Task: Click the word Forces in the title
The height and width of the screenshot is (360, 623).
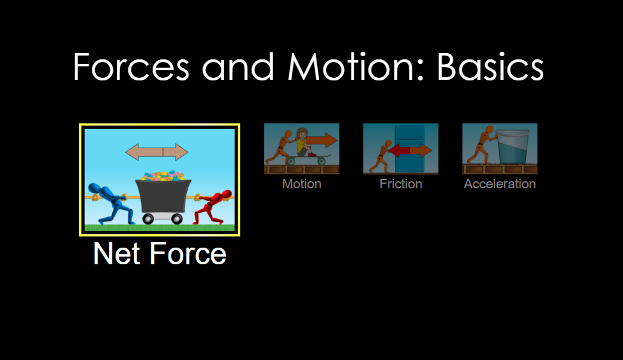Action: (131, 66)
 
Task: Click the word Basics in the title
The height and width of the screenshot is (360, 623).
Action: (490, 66)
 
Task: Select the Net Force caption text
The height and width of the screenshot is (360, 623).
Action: (160, 253)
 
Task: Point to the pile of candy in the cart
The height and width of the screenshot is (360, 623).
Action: (163, 176)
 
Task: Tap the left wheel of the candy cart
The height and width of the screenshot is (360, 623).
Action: (148, 218)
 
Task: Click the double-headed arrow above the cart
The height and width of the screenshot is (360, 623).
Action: (157, 152)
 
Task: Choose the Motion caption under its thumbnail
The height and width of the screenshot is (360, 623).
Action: (302, 184)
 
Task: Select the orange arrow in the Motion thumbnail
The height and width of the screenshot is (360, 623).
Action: (322, 140)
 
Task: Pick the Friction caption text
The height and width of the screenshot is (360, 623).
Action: (401, 184)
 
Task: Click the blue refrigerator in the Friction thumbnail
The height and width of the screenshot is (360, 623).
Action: (409, 148)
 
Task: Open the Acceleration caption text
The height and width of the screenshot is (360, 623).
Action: (500, 184)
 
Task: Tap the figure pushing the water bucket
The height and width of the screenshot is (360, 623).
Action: (481, 147)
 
